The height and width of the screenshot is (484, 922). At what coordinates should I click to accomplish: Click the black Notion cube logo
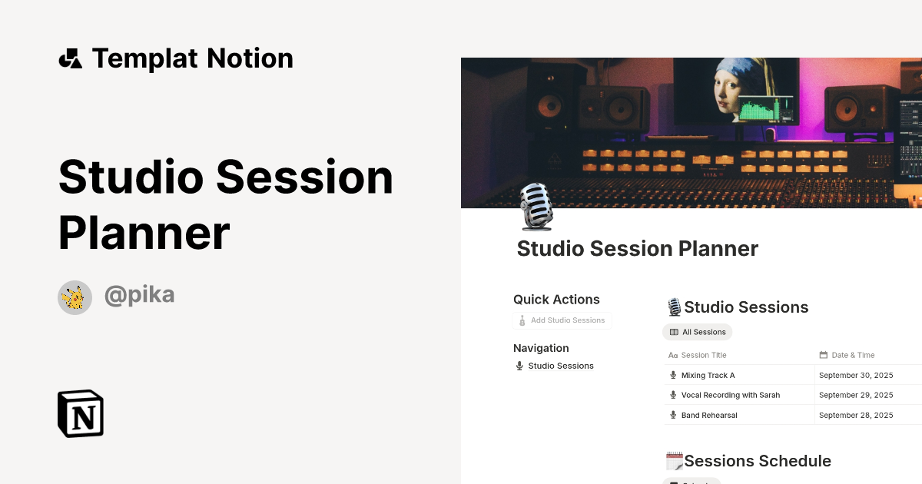tap(81, 413)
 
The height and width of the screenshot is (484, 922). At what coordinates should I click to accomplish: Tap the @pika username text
tap(139, 295)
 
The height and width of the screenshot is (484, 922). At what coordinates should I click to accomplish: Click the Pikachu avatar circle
tap(75, 297)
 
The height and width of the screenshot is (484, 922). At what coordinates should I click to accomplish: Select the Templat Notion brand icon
tap(70, 58)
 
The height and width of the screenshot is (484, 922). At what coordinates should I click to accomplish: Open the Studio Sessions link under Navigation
tap(560, 366)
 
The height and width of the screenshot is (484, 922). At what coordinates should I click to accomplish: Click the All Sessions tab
tap(698, 332)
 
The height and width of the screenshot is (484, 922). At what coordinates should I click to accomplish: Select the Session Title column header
tap(703, 355)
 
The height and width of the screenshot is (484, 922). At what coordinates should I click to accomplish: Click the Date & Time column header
tap(853, 355)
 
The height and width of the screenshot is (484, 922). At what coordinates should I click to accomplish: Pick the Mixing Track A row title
tap(708, 375)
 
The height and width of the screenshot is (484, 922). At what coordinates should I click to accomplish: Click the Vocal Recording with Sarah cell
tap(730, 395)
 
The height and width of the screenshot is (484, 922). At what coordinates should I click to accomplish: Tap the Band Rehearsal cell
tap(708, 415)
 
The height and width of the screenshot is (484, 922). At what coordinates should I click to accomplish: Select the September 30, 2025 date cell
tap(856, 375)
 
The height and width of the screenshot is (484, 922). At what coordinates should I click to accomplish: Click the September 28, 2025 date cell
tap(856, 415)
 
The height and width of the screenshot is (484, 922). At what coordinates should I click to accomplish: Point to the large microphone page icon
tap(536, 207)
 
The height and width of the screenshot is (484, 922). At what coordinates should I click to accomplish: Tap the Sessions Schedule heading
tap(757, 461)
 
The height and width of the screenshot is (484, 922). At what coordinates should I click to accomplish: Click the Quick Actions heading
tap(556, 300)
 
